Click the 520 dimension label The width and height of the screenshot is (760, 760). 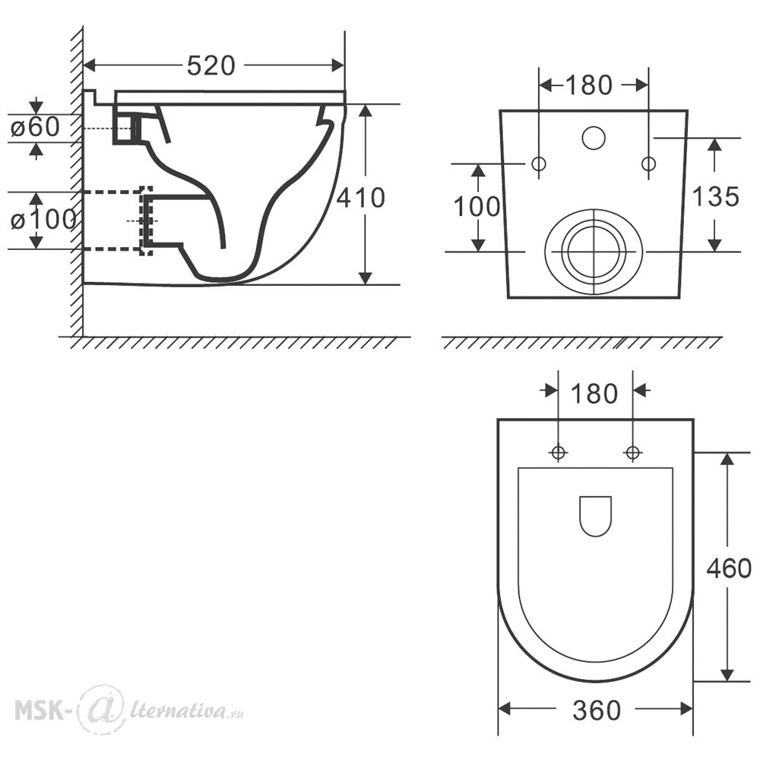211,65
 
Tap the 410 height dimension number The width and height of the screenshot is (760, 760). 360,198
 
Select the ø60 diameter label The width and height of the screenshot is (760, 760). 36,127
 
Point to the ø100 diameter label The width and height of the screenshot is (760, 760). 43,220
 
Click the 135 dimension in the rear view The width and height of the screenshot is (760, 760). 715,196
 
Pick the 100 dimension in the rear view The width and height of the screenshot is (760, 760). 477,207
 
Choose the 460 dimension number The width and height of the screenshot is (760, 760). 729,568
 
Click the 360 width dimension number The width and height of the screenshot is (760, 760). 597,711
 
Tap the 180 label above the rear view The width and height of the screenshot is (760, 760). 589,85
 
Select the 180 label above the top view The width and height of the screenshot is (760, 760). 594,394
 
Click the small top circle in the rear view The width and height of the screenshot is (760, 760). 594,138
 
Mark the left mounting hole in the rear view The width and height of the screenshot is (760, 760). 539,164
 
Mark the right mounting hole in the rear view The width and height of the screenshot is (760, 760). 648,164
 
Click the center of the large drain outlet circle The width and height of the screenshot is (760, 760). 594,252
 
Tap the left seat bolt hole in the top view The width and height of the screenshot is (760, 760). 559,453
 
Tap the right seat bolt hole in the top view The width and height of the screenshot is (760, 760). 632,453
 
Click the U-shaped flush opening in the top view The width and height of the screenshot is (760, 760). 596,535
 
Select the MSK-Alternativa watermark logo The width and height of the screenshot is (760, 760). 129,709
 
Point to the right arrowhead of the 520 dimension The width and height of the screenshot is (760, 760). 338,65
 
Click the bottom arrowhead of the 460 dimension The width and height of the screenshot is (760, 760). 727,674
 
